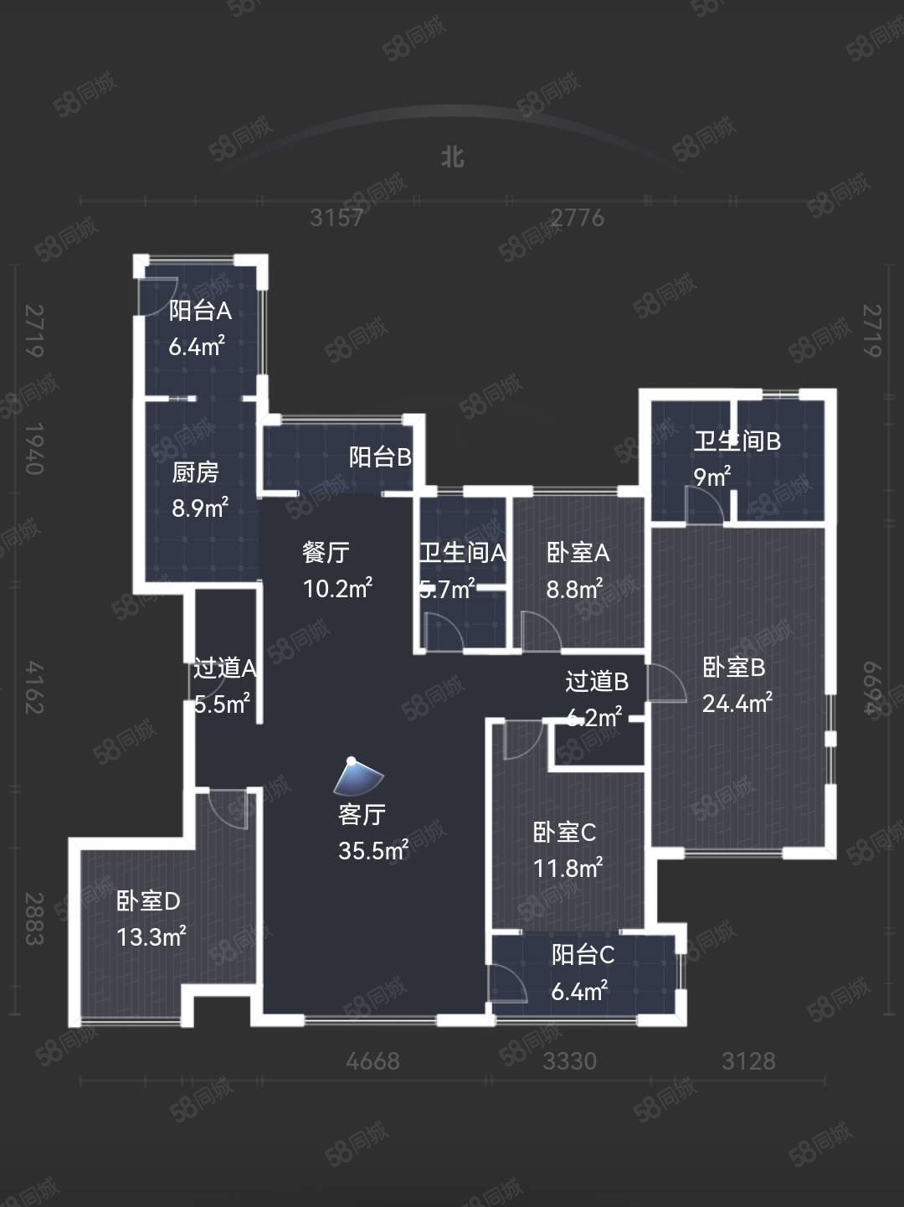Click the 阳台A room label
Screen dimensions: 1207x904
(200, 311)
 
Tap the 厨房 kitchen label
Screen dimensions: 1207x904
(195, 472)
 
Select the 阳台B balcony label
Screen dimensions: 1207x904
(380, 457)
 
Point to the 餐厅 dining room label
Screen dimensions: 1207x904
(326, 553)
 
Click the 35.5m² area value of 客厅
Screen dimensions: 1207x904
(373, 851)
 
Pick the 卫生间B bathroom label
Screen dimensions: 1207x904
(737, 441)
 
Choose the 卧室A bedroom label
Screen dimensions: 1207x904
(578, 553)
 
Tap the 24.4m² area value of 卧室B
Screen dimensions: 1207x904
(737, 704)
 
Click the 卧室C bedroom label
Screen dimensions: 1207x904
(564, 833)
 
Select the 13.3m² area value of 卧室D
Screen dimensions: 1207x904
(151, 936)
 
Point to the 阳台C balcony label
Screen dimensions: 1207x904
(583, 955)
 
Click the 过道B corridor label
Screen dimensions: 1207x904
(597, 682)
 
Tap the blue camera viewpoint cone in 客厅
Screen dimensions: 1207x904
(358, 777)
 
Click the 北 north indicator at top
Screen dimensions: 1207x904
(453, 157)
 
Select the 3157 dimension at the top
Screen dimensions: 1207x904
(336, 218)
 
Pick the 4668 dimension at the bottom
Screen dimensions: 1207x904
(372, 1061)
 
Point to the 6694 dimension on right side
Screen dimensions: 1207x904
(872, 689)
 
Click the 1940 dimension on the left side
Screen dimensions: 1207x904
(33, 449)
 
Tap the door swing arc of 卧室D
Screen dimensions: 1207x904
(229, 809)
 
